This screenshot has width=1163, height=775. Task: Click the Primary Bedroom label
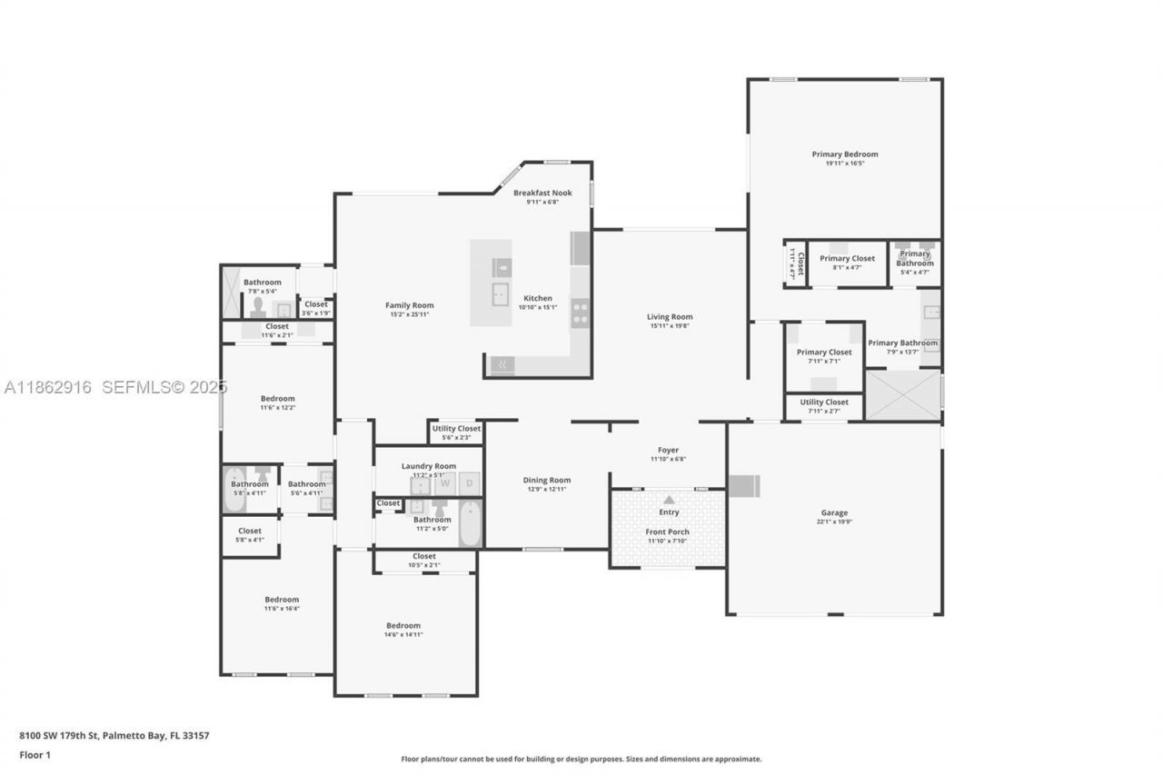pyautogui.click(x=845, y=154)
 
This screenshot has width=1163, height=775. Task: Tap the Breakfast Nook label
pyautogui.click(x=542, y=193)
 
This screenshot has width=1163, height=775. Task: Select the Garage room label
pyautogui.click(x=834, y=512)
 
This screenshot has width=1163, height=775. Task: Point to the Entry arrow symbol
pyautogui.click(x=670, y=500)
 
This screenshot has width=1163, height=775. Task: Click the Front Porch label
pyautogui.click(x=667, y=532)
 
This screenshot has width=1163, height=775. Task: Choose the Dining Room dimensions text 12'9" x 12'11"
pyautogui.click(x=547, y=490)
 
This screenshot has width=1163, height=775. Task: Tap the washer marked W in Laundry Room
pyautogui.click(x=445, y=483)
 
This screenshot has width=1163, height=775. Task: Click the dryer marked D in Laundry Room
pyautogui.click(x=470, y=483)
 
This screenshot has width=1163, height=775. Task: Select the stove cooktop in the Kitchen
pyautogui.click(x=580, y=314)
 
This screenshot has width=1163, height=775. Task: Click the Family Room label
pyautogui.click(x=409, y=305)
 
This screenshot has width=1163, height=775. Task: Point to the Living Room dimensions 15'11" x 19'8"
pyautogui.click(x=670, y=325)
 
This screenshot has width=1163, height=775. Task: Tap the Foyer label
pyautogui.click(x=668, y=450)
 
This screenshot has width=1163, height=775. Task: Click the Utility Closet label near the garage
pyautogui.click(x=824, y=402)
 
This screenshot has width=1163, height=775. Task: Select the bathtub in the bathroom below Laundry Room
pyautogui.click(x=470, y=524)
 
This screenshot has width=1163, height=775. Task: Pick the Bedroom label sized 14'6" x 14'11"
pyautogui.click(x=403, y=625)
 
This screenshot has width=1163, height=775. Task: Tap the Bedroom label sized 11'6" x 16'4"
pyautogui.click(x=282, y=600)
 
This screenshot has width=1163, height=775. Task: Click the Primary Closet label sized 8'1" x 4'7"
pyautogui.click(x=847, y=258)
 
